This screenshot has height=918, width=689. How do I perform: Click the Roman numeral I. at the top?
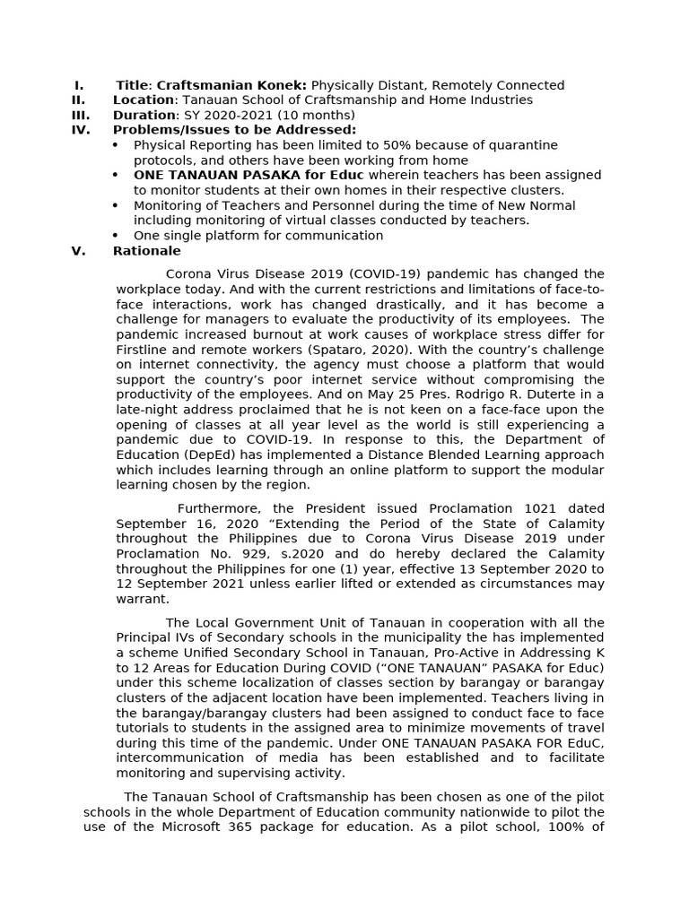pos(79,85)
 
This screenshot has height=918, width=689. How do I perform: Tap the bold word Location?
pos(144,100)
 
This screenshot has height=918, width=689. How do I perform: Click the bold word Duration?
pos(144,116)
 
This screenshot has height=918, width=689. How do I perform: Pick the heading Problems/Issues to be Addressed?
pos(234,130)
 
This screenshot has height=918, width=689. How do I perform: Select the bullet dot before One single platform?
pos(115,236)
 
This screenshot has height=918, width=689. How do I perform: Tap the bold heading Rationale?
pos(146,251)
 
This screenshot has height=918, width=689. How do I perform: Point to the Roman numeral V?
pos(78,251)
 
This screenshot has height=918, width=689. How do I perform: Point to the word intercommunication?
pos(182,758)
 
